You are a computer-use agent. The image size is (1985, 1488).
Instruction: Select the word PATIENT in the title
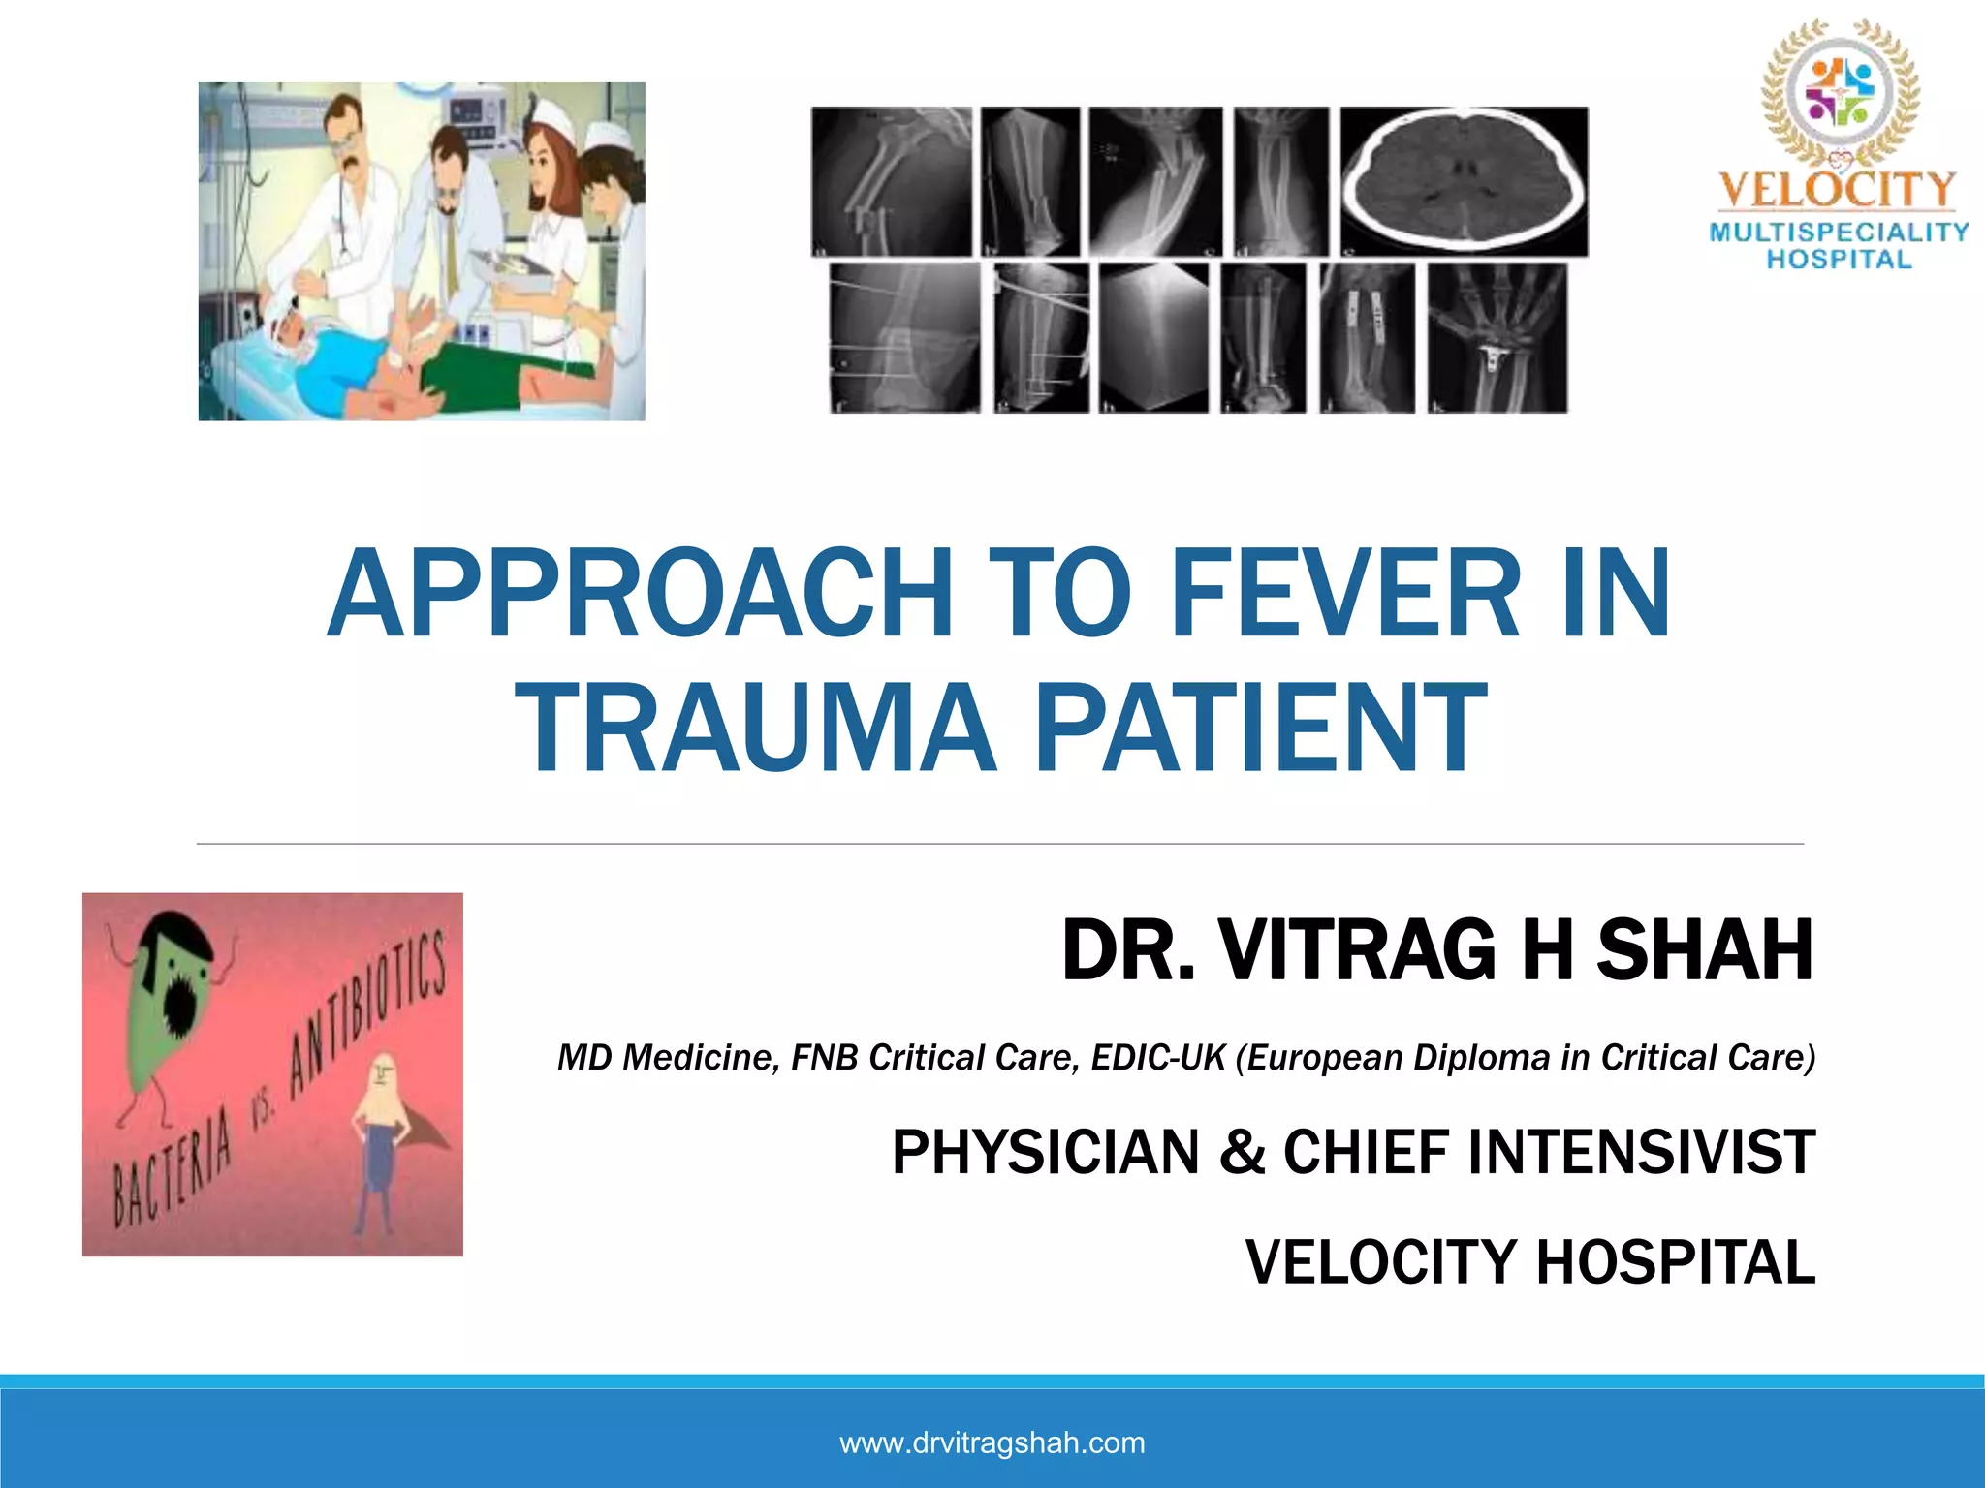point(1260,728)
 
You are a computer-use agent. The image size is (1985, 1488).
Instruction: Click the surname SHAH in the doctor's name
point(1704,951)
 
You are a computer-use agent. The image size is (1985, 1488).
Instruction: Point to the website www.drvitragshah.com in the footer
point(992,1442)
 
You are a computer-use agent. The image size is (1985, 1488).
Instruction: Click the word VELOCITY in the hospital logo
point(1838,190)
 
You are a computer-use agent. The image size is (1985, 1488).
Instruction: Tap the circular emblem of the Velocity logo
point(1840,92)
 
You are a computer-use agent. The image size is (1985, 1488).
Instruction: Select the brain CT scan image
point(1464,181)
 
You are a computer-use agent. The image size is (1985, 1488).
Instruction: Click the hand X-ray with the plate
point(1497,337)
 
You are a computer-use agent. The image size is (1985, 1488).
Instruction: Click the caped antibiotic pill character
point(383,1133)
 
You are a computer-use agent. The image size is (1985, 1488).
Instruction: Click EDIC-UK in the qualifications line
point(1158,1058)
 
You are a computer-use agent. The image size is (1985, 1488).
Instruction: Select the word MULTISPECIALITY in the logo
point(1839,232)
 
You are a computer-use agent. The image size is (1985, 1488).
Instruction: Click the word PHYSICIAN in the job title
point(1045,1153)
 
